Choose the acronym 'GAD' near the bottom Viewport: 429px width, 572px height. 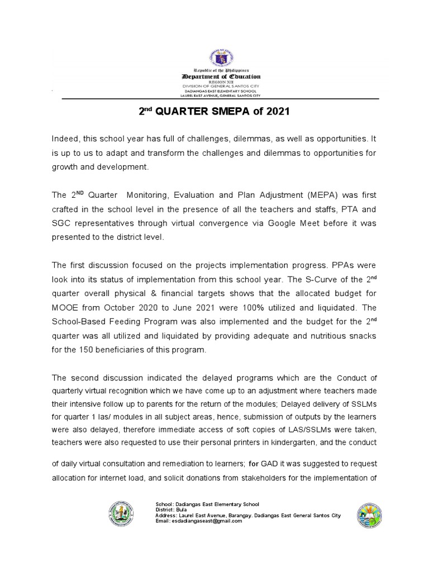coord(270,464)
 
